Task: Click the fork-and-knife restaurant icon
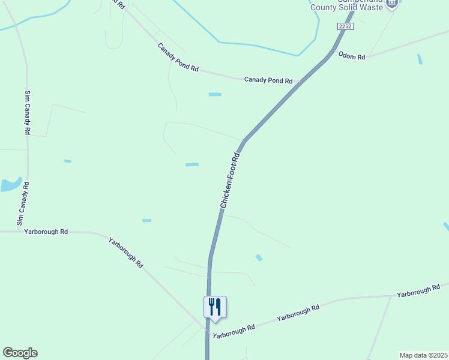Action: point(215,307)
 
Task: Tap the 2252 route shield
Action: point(345,26)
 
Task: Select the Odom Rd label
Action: point(352,56)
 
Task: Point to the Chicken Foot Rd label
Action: point(230,181)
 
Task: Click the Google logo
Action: point(20,353)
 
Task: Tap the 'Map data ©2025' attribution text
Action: point(423,355)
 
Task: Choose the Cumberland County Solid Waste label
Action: point(346,7)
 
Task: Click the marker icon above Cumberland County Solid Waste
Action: point(392,3)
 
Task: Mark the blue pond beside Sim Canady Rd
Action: point(10,184)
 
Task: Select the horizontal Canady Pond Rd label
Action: point(268,80)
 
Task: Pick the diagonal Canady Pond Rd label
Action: point(178,57)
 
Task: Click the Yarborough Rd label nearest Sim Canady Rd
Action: point(46,231)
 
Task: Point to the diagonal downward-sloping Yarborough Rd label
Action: point(126,252)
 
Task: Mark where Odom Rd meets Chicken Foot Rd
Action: point(331,52)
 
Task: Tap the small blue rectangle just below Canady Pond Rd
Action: point(215,94)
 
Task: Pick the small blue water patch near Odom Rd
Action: point(420,59)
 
